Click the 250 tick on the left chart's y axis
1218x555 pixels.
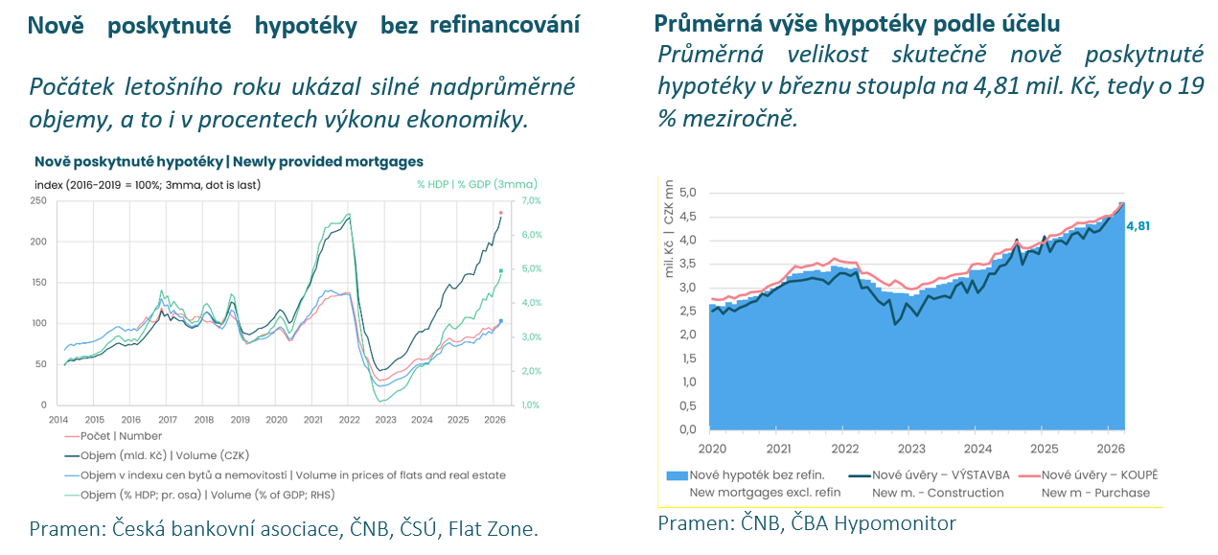(38, 200)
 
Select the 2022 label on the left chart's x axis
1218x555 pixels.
(350, 420)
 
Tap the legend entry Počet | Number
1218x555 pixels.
(115, 436)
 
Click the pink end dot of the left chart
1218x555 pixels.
(501, 213)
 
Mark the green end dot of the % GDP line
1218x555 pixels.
(501, 271)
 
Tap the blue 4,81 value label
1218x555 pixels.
(1138, 226)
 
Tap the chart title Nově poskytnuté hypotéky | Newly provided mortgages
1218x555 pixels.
(228, 162)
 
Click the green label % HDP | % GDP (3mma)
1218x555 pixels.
(476, 184)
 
